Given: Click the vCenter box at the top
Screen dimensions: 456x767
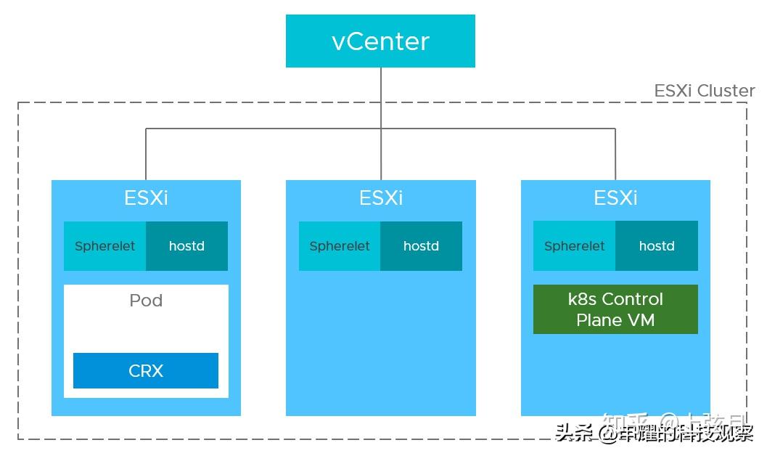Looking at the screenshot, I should pos(380,41).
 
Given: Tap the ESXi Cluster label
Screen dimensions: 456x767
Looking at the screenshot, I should pos(704,91).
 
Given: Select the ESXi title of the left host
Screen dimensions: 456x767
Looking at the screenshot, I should pos(146,198).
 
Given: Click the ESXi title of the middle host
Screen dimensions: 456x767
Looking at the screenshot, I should pos(380,198).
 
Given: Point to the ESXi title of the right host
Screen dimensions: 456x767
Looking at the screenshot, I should pos(615,198).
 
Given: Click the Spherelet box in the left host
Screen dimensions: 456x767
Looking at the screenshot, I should pos(105,246).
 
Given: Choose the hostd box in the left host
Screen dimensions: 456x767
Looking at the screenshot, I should pos(186,246).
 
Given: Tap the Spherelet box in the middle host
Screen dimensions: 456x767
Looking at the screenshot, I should pos(340,246).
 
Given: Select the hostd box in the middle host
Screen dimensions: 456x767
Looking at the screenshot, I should pos(421,246).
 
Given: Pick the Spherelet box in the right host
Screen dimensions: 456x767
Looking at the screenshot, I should pos(574,246).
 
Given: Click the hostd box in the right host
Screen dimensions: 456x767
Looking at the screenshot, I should pos(657,246).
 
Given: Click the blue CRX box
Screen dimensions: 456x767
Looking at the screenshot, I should pos(146,370).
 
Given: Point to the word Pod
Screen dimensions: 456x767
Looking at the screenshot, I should pos(146,301).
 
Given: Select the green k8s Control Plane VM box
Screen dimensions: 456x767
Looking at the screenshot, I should pos(615,309).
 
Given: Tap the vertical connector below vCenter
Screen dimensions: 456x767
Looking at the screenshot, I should pos(381,98).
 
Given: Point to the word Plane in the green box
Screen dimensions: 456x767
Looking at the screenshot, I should pos(598,319).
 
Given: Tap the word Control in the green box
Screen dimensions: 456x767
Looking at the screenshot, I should pos(632,299).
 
